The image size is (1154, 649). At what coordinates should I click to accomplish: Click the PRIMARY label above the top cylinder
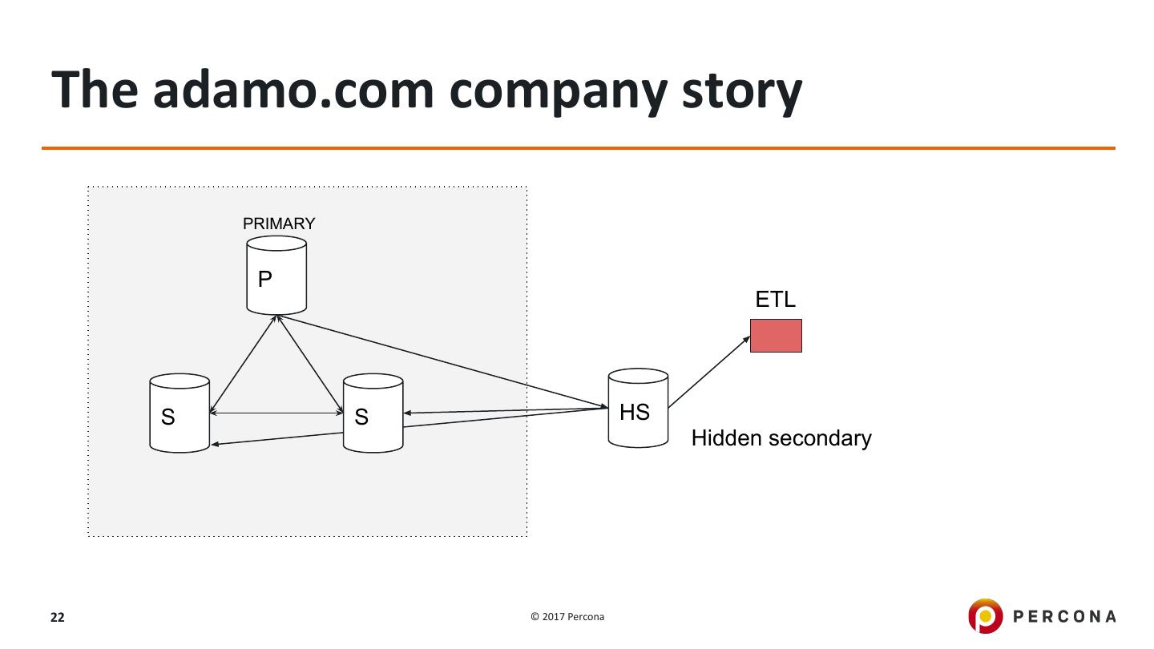pos(279,224)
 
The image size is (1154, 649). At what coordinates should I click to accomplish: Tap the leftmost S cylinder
pos(180,413)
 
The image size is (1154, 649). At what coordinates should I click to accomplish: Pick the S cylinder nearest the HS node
pos(373,413)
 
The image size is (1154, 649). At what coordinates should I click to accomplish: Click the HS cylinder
pos(638,409)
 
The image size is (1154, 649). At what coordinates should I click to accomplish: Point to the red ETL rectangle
pos(776,336)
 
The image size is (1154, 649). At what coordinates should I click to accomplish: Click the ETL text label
pos(775,300)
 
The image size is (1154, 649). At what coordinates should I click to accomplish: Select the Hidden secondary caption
pos(781,438)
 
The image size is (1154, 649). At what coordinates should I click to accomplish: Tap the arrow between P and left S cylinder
pos(243,365)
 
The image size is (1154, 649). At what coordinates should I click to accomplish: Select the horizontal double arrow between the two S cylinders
pos(276,413)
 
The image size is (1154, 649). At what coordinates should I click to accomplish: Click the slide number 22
pos(58,617)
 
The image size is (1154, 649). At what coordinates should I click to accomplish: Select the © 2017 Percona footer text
pos(567,617)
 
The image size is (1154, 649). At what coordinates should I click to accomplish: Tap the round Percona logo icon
pos(985,616)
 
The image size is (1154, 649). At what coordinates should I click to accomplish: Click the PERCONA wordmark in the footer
pos(1064,616)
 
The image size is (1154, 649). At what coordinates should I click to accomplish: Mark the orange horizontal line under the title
pos(577,148)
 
